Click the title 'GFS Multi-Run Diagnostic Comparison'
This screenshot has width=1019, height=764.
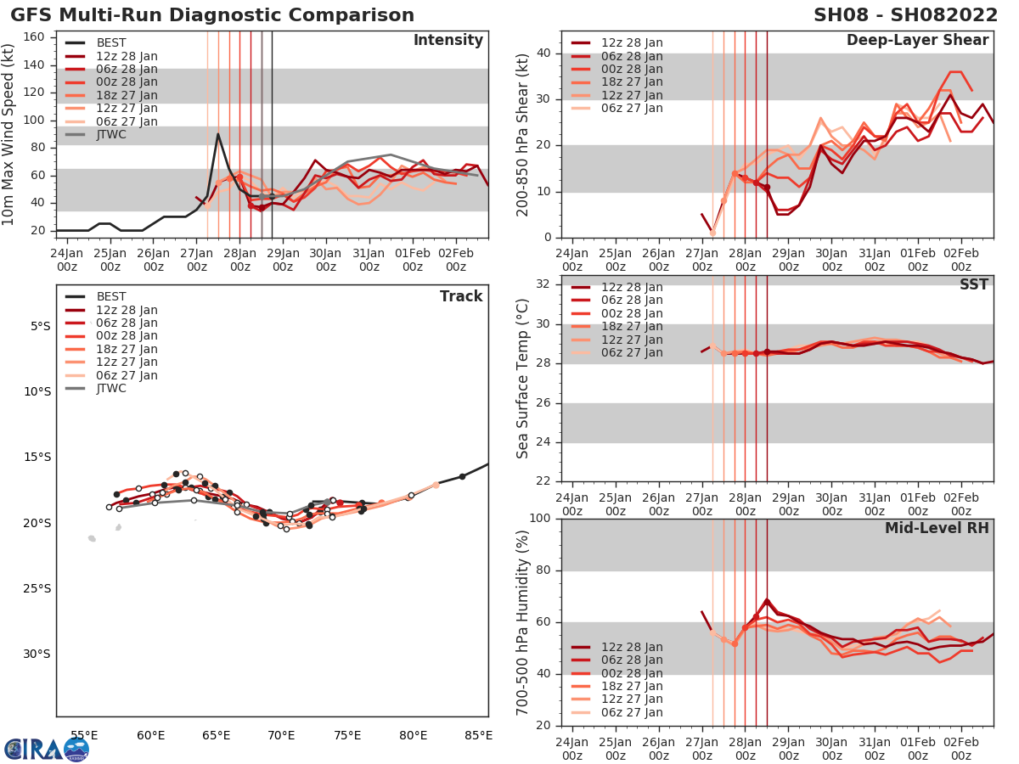coord(212,15)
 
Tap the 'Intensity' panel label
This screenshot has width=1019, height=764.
coord(448,41)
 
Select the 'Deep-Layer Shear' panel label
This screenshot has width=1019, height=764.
coord(917,41)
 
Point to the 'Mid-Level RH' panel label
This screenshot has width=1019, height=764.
coord(937,528)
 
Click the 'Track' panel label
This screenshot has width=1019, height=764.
coord(460,296)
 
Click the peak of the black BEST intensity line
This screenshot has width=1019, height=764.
coord(218,133)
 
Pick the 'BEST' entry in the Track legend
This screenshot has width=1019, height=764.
coord(111,297)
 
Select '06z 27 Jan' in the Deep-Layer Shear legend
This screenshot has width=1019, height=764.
coord(633,108)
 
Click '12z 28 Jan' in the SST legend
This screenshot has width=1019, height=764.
coord(633,288)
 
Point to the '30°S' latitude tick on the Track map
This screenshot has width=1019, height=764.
coord(40,654)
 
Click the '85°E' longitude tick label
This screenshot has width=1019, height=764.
coord(478,736)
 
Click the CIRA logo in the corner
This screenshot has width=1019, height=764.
coord(46,749)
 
